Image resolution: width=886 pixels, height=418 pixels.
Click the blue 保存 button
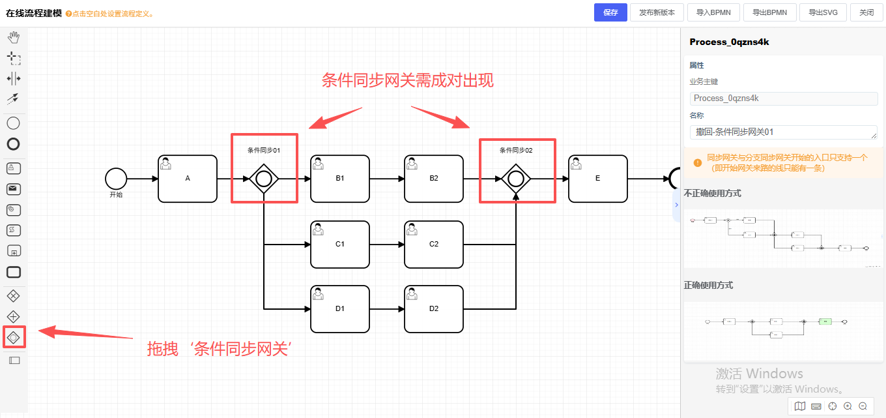click(610, 12)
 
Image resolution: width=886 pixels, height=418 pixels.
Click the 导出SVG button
click(823, 12)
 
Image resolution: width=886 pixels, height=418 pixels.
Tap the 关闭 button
click(866, 12)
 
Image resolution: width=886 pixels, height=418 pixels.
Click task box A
click(188, 178)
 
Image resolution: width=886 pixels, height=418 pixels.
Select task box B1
click(340, 178)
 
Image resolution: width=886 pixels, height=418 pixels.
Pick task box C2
click(434, 245)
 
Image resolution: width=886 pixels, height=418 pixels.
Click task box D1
click(340, 309)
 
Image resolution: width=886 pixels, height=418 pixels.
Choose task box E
click(598, 178)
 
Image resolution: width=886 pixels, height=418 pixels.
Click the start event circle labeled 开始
click(116, 178)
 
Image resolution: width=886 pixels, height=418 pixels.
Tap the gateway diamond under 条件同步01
click(264, 178)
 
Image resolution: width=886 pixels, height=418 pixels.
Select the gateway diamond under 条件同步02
click(516, 178)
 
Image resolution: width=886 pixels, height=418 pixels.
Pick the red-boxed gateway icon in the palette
click(14, 337)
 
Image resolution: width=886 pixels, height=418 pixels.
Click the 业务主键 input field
click(784, 98)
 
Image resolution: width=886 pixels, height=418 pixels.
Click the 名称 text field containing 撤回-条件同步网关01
click(784, 132)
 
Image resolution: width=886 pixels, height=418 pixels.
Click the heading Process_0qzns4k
click(730, 42)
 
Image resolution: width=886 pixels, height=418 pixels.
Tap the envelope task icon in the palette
click(13, 189)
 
